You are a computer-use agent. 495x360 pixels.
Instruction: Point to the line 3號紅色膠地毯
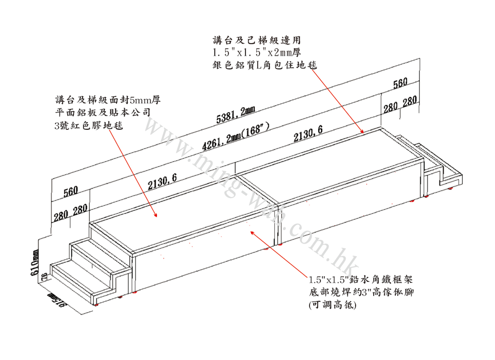coord(89,126)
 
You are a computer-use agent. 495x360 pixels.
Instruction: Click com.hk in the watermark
coord(320,247)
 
